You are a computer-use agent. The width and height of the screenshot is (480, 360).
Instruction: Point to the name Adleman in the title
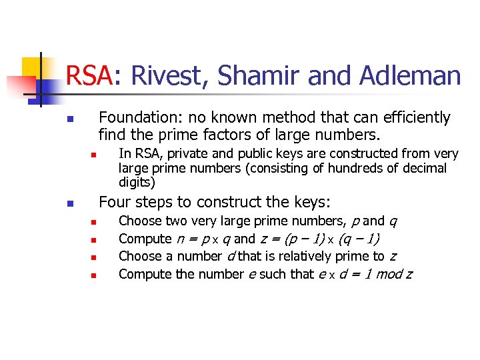[x=409, y=75]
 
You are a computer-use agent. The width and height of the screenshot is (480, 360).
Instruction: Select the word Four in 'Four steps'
[x=114, y=202]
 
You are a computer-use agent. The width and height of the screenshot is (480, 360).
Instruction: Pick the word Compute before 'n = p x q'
[x=145, y=239]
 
